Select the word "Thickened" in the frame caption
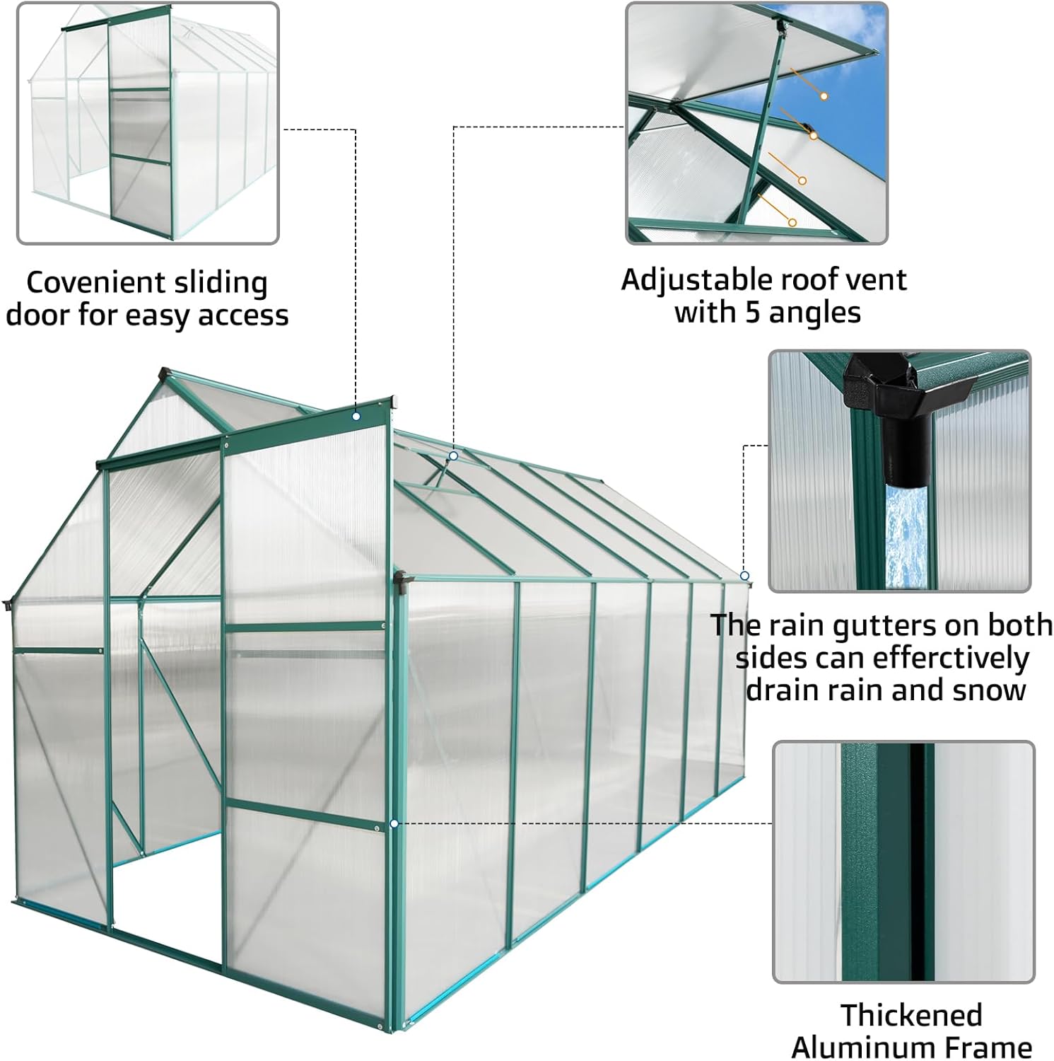pyautogui.click(x=911, y=1015)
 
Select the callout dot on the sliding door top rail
pyautogui.click(x=356, y=417)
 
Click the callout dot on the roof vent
pyautogui.click(x=454, y=456)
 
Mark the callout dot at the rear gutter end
pyautogui.click(x=744, y=576)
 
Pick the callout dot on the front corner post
pyautogui.click(x=394, y=824)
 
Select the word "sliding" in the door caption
pyautogui.click(x=226, y=283)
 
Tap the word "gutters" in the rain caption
pyautogui.click(x=884, y=625)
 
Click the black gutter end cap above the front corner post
pyautogui.click(x=401, y=580)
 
